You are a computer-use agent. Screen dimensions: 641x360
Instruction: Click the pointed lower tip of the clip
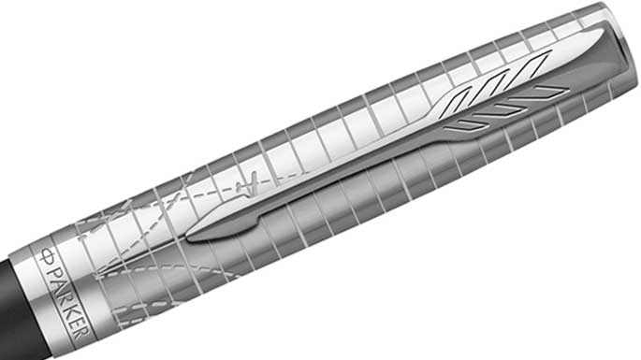tap(189, 238)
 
